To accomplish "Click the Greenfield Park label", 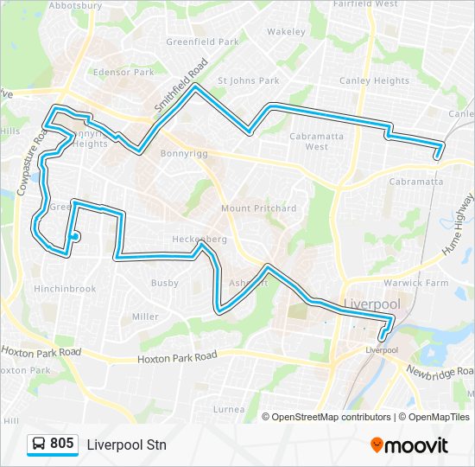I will click(x=202, y=41).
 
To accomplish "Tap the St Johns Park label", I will click(x=248, y=81).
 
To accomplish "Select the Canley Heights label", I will click(x=375, y=81).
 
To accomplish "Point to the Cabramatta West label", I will click(x=316, y=141).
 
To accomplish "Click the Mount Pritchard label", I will click(x=258, y=208).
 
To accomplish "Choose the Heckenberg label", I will click(x=199, y=239).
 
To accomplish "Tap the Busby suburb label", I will click(x=164, y=283).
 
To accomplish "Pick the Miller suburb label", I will click(x=145, y=317).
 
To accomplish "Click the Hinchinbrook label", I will click(x=66, y=289).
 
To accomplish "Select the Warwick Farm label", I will click(x=416, y=283).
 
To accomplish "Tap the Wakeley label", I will click(x=286, y=32).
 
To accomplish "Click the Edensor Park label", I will click(x=122, y=73).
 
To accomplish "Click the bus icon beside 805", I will click(x=39, y=444).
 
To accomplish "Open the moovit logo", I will click(x=409, y=445).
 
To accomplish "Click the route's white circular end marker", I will click(x=75, y=236).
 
